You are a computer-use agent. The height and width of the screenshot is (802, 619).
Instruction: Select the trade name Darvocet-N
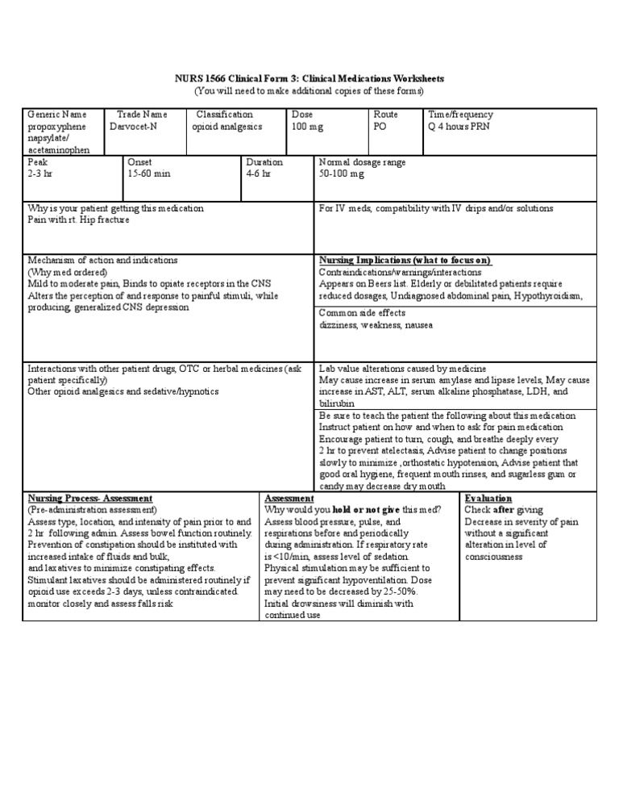pyautogui.click(x=134, y=127)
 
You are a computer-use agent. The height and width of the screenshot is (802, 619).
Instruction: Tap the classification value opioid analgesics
pyautogui.click(x=226, y=127)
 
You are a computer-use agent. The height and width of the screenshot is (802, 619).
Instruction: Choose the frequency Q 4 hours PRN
pyautogui.click(x=460, y=127)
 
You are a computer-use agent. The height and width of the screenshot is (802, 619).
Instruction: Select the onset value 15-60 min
pyautogui.click(x=149, y=173)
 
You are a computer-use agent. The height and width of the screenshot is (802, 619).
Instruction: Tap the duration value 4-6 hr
pyautogui.click(x=260, y=173)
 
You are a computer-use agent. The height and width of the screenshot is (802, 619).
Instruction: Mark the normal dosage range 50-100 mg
pyautogui.click(x=342, y=173)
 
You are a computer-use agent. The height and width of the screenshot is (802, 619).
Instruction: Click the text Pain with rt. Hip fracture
pyautogui.click(x=78, y=219)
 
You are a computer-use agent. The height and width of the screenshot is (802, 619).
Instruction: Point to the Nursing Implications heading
pyautogui.click(x=405, y=261)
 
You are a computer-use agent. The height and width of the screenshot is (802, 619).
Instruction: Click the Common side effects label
pyautogui.click(x=363, y=313)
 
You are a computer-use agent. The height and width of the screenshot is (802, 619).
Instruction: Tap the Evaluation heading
pyautogui.click(x=488, y=499)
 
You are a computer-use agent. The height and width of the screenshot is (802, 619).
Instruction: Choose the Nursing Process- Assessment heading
pyautogui.click(x=90, y=499)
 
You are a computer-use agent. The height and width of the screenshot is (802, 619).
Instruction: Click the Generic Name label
pyautogui.click(x=57, y=115)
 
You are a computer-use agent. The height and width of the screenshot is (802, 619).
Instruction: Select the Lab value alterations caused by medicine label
pyautogui.click(x=403, y=368)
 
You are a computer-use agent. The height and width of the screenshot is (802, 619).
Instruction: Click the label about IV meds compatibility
pyautogui.click(x=436, y=208)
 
